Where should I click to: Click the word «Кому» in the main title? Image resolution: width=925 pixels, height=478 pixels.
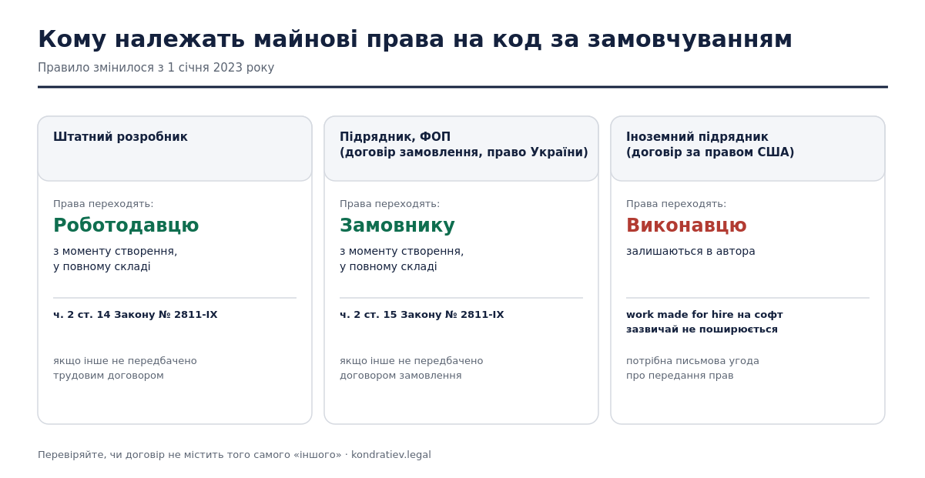[x=72, y=39]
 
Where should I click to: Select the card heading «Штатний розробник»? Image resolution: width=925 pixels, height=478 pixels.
[x=120, y=137]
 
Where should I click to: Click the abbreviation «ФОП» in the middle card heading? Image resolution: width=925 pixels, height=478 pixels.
[x=435, y=137]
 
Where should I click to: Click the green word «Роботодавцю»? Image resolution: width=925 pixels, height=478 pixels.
[x=126, y=226]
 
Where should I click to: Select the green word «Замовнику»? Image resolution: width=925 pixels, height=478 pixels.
[x=397, y=226]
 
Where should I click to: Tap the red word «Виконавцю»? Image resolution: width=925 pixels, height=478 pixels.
[x=686, y=226]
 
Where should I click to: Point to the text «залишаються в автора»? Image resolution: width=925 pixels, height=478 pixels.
[x=690, y=251]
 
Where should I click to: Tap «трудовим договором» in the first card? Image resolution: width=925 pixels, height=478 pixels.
[x=109, y=376]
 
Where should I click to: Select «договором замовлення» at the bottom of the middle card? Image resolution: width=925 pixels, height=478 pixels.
[x=400, y=376]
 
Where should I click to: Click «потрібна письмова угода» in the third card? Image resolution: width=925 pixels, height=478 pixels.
[x=692, y=361]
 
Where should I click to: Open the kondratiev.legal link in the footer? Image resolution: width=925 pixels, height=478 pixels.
[x=390, y=454]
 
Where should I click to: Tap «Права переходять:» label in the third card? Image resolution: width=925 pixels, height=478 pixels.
[x=676, y=204]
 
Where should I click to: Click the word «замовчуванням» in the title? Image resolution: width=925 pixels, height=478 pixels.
[x=689, y=40]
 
